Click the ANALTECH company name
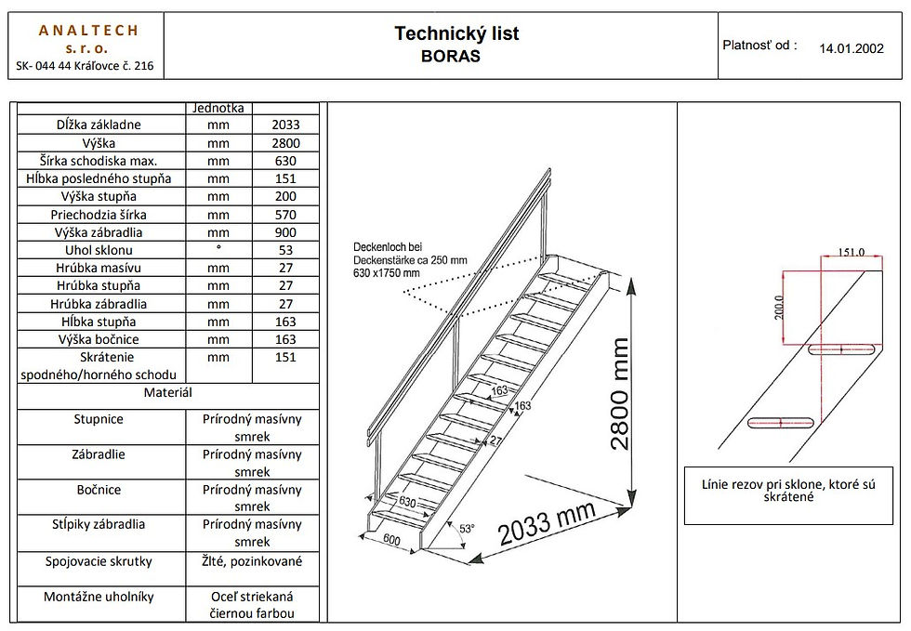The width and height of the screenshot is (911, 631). (88, 31)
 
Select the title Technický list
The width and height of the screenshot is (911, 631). (456, 33)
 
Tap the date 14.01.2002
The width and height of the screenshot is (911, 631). (852, 48)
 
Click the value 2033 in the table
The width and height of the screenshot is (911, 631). (285, 125)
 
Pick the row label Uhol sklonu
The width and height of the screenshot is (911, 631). (99, 250)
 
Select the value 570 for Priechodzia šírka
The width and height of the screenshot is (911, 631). (285, 215)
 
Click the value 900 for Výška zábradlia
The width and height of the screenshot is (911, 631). (285, 233)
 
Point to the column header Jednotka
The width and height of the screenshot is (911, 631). (218, 108)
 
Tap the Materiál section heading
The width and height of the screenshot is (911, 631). (168, 393)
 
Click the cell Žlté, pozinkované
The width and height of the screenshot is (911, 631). (252, 561)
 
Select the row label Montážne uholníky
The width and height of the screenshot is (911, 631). (99, 597)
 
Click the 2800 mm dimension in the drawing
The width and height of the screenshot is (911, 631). (619, 394)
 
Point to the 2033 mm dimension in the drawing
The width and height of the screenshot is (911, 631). (547, 523)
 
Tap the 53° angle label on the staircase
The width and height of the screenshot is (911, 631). (467, 529)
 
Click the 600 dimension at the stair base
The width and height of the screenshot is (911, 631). (392, 540)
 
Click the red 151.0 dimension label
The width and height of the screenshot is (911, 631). (852, 252)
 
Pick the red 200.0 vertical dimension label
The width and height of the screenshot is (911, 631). (779, 308)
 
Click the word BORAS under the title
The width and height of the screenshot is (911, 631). (451, 57)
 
